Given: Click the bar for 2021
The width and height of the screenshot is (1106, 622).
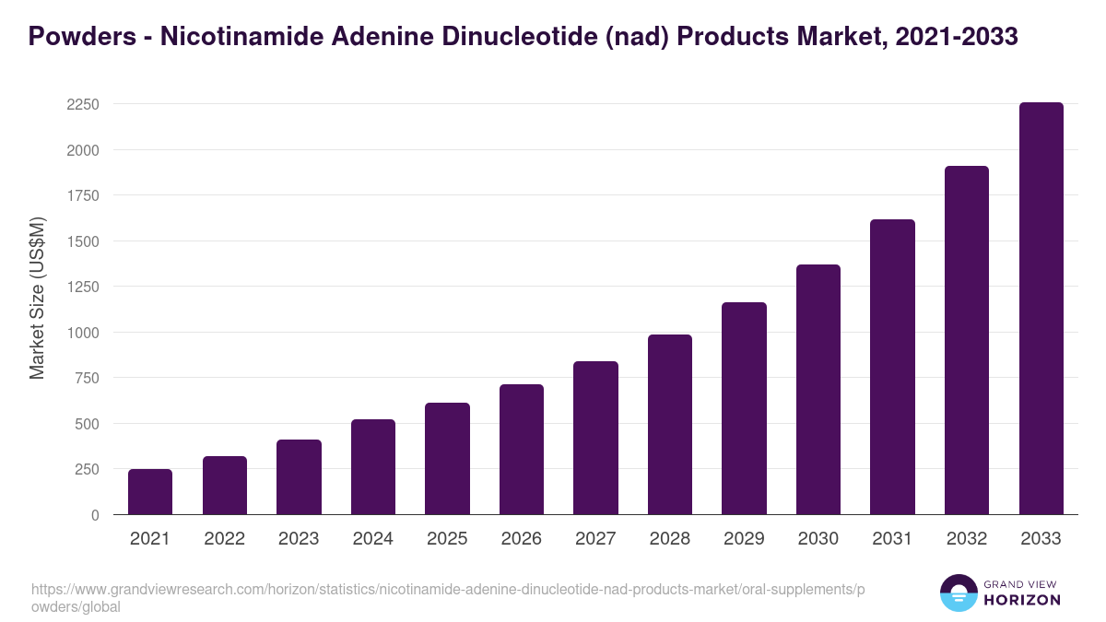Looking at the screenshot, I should [x=150, y=492].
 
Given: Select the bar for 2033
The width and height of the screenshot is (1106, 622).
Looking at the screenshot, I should [x=1041, y=309].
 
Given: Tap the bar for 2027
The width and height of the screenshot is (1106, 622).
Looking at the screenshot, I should [x=595, y=438].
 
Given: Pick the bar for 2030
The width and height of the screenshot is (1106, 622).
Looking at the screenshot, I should [x=818, y=390].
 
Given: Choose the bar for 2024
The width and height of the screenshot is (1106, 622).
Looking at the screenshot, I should [x=373, y=467].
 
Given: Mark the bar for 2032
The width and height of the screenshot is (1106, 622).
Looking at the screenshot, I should [x=967, y=340].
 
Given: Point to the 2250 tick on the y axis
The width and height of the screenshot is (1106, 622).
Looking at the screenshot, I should [x=83, y=104].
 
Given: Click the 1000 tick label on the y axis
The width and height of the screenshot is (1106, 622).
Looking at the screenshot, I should [x=83, y=333].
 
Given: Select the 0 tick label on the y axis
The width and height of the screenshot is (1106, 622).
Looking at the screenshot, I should [x=95, y=515].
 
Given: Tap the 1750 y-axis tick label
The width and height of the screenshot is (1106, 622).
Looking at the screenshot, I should [x=83, y=195].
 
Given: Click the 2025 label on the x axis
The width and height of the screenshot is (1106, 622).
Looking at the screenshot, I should [x=447, y=539].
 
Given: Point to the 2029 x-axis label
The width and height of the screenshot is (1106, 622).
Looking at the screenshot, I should [x=744, y=539].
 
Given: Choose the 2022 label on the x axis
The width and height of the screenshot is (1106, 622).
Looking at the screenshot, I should [x=224, y=539].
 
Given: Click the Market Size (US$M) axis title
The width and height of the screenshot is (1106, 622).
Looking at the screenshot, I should [x=37, y=299].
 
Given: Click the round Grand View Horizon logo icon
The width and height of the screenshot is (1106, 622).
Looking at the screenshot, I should [x=959, y=593].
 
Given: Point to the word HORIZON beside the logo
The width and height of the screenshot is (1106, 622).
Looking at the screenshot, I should [x=1023, y=600].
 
